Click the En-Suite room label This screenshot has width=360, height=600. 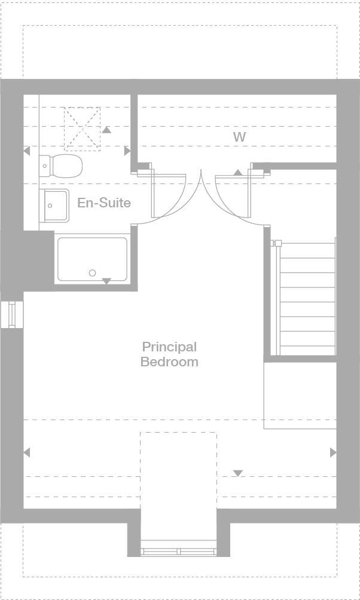[x=103, y=203]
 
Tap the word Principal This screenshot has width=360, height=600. [x=169, y=347]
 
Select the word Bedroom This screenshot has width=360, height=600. [x=169, y=362]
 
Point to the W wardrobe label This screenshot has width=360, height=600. [x=239, y=137]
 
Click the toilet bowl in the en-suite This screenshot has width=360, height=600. [x=67, y=166]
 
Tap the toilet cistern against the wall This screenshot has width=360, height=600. [x=45, y=166]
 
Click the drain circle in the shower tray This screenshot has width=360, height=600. [x=92, y=273]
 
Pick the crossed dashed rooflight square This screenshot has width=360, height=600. [x=83, y=127]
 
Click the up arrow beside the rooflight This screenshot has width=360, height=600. [x=106, y=129]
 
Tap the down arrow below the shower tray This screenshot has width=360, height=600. [x=106, y=281]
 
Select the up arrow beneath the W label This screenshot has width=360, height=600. [x=237, y=173]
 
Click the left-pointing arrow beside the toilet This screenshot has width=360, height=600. [x=26, y=151]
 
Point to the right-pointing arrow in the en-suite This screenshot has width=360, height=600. [x=127, y=151]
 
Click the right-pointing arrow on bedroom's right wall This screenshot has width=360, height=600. [x=333, y=452]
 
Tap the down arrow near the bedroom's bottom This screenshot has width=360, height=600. [x=238, y=473]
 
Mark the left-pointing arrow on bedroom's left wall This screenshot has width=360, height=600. [x=26, y=452]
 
